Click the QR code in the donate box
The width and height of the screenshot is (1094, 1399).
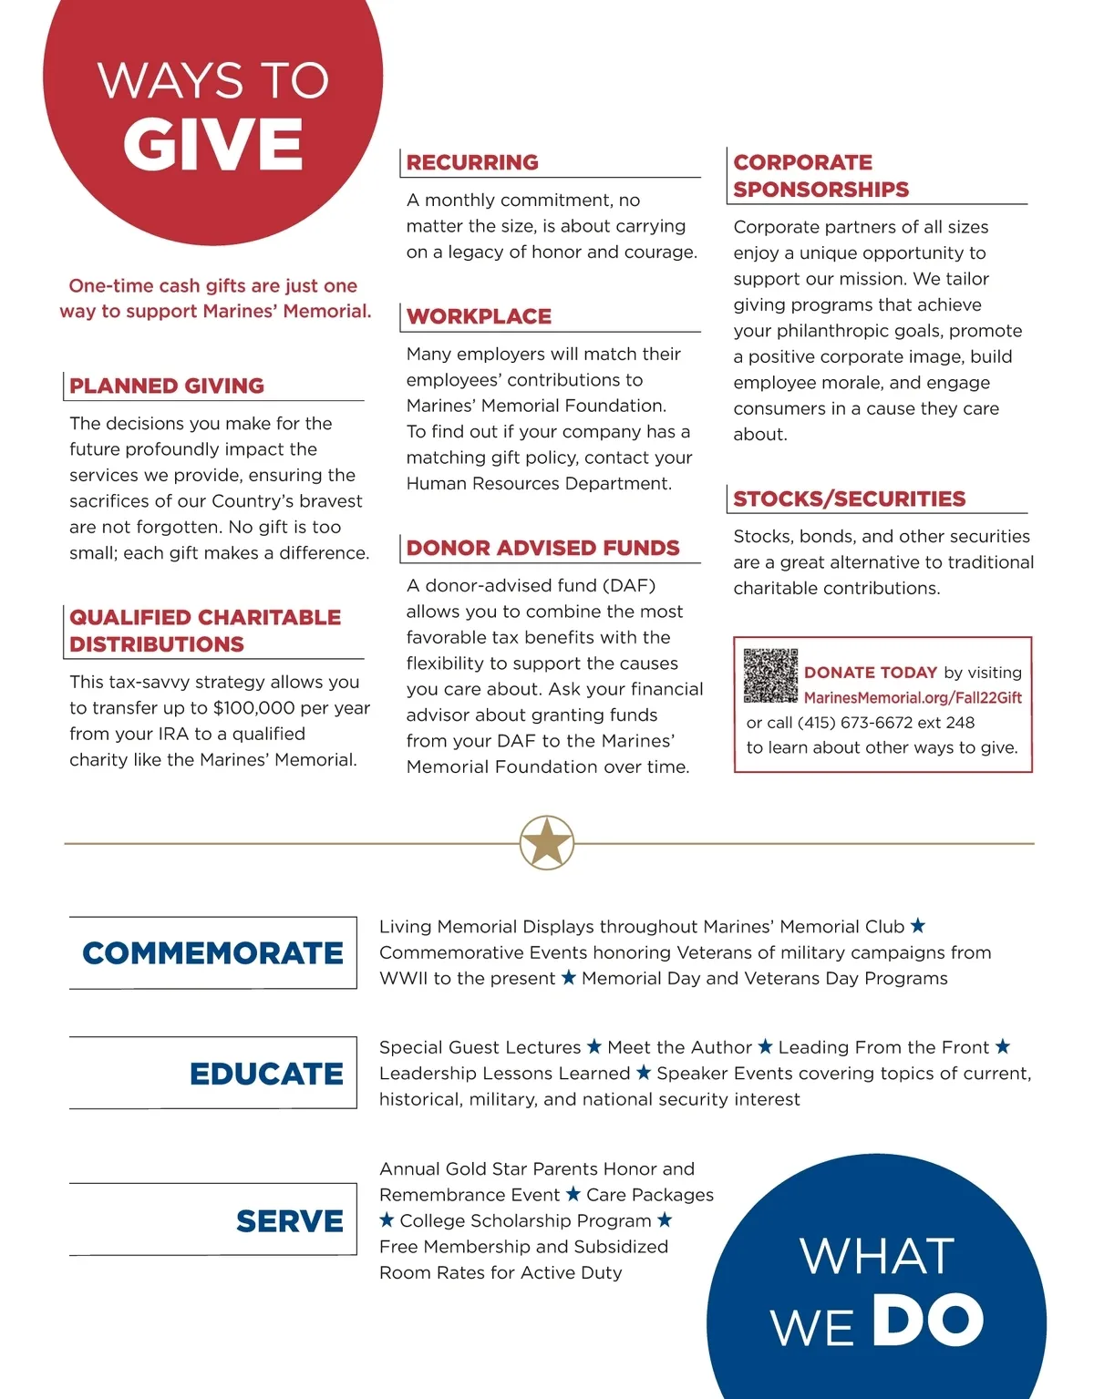coord(770,675)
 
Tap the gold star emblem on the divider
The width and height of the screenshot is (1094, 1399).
coord(546,842)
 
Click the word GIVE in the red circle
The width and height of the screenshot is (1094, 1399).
coord(212,145)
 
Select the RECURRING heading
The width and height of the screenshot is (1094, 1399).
coord(472,162)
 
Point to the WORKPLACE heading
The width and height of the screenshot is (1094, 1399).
coord(479,316)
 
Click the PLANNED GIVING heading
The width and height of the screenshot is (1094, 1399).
coord(167,386)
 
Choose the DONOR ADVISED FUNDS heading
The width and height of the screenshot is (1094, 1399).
coord(542,548)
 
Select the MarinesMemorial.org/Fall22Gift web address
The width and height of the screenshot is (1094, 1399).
coord(912,698)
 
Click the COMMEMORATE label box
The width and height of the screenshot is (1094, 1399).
coord(212,953)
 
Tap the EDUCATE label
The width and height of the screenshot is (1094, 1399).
coord(266,1074)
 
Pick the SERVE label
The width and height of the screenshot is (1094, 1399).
coord(289,1221)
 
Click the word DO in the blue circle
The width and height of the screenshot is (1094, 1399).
coord(926,1320)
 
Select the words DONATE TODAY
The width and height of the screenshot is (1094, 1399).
coord(870,673)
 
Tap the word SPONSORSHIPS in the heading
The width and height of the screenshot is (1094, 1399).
coord(820,190)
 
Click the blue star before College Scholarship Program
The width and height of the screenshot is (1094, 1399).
coord(387,1219)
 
